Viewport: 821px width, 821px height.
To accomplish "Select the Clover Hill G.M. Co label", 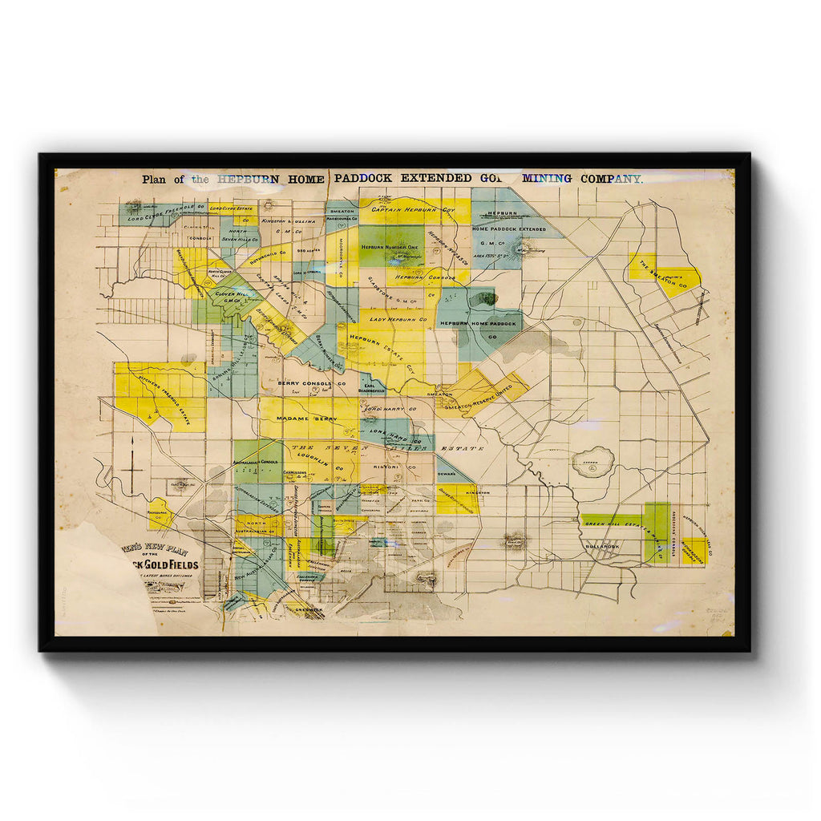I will point(231,297).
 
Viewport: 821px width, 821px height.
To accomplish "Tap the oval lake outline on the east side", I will point(592,463).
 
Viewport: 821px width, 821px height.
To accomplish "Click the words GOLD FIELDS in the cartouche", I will point(171,564).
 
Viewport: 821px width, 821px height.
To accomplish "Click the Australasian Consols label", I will point(256,463).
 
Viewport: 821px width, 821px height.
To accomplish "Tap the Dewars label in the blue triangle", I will point(447,475).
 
